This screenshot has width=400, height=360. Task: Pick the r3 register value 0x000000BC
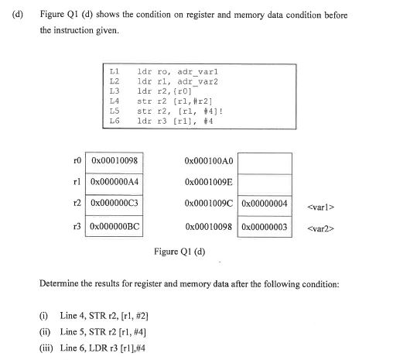pos(114,228)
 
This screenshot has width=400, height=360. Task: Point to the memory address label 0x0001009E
pos(209,183)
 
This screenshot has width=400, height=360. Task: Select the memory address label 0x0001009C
pos(209,205)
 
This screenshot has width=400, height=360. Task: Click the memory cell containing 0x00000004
pos(265,205)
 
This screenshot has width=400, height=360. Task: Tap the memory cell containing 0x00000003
pos(265,228)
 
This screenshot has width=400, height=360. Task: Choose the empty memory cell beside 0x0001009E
pos(265,183)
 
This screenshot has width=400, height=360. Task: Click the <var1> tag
pos(320,206)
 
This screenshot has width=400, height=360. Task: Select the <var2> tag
pos(320,228)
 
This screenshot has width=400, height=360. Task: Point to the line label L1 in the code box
pos(115,71)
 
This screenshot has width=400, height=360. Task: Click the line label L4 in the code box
pos(115,101)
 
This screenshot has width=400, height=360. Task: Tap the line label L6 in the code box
pos(115,121)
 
